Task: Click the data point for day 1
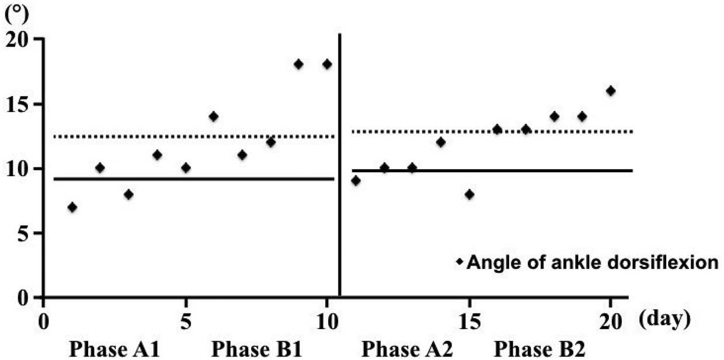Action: tap(72, 207)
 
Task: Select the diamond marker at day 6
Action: tap(214, 116)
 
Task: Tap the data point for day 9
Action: tap(298, 64)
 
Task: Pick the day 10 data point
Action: tap(327, 64)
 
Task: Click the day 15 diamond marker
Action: tap(469, 194)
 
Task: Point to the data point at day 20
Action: tap(611, 90)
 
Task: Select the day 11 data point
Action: tap(356, 180)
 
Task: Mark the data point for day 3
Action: tap(128, 194)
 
